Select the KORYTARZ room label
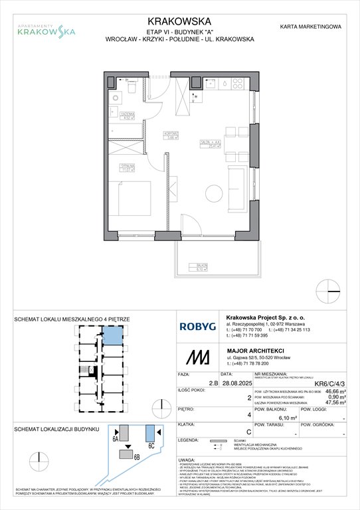[171, 135]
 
